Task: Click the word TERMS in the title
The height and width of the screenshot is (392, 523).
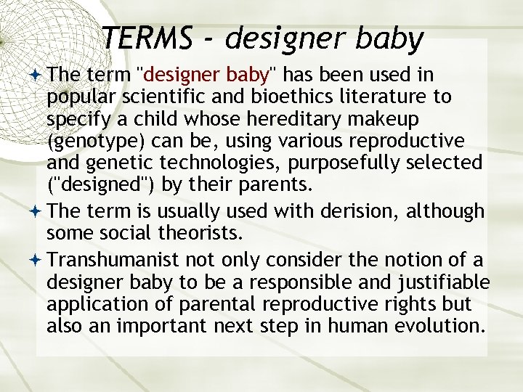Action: click(x=147, y=38)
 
